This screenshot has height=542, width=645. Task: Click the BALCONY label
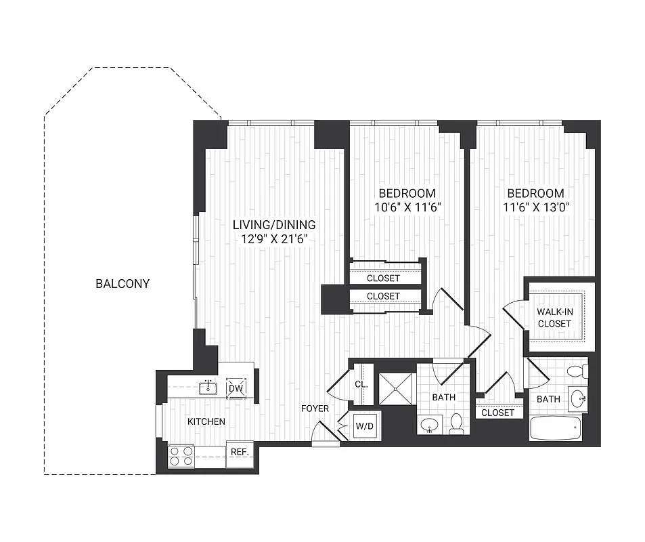coord(123,283)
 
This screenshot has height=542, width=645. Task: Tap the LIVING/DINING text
coord(274,224)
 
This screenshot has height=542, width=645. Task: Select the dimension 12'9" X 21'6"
coord(274,238)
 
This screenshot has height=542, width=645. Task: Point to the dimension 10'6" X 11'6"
coord(407,207)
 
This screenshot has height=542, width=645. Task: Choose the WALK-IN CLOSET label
coord(554,317)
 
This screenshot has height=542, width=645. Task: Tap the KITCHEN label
coord(206,421)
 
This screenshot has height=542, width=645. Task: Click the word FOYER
coord(315,409)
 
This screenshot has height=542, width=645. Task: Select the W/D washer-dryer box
coord(363,427)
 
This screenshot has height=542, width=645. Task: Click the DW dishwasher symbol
coord(235,388)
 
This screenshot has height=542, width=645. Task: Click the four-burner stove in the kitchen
coord(181,456)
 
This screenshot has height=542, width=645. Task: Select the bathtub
coord(555,428)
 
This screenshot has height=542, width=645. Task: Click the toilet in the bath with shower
coord(456,423)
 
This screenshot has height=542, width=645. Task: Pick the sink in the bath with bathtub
coord(577,399)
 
